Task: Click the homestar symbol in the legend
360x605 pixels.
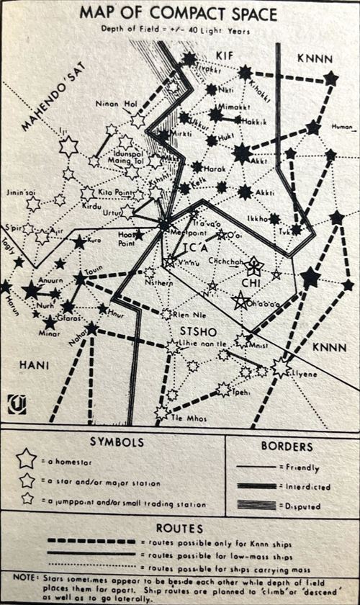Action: coord(27,457)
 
